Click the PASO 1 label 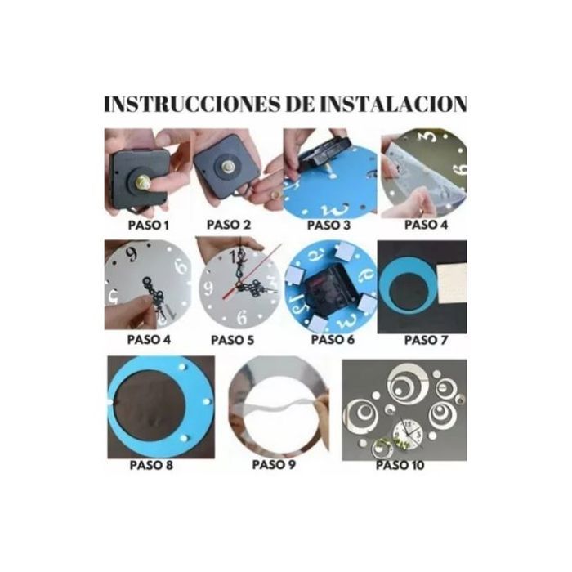click(149, 225)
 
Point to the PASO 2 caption click(229, 225)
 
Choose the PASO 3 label click(328, 225)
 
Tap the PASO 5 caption click(232, 340)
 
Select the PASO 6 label click(333, 340)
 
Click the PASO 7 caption click(426, 340)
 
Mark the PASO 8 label click(151, 465)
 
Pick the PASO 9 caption click(274, 465)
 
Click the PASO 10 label click(400, 465)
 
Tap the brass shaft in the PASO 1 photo click(144, 181)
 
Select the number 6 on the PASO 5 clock click(242, 317)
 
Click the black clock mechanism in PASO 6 click(330, 290)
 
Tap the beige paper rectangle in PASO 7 click(452, 283)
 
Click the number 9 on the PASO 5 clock click(208, 289)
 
